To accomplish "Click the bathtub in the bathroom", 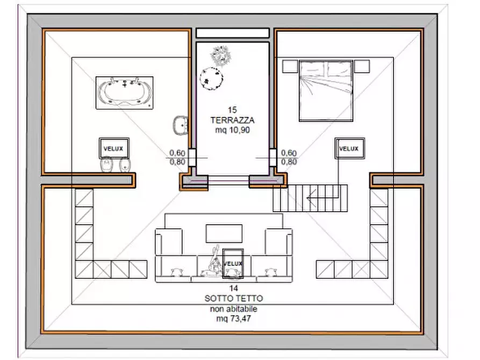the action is coord(124,93).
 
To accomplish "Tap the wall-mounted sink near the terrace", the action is coord(181,125).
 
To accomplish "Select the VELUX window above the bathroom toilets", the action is coord(114,148).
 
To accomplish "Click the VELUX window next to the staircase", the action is coord(349,148).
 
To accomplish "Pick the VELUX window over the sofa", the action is coord(233,263).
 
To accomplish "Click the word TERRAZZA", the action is coord(232,120).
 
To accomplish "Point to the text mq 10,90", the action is coord(232,130).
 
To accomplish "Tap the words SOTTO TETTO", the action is coord(234,298).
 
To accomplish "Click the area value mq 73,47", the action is coord(234,319).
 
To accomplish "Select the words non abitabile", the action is coord(234,308).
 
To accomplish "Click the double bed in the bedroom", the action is coord(326,91).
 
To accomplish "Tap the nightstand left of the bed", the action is coord(290,67).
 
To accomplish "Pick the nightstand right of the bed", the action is coord(362,67).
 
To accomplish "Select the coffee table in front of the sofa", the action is coord(224,234).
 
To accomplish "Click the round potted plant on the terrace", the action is coord(211,78).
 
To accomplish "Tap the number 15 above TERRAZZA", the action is coord(232,110).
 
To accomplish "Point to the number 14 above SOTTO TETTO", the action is coord(234,288).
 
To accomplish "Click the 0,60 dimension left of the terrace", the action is coord(177,153).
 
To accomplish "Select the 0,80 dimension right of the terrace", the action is coord(289,162).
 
